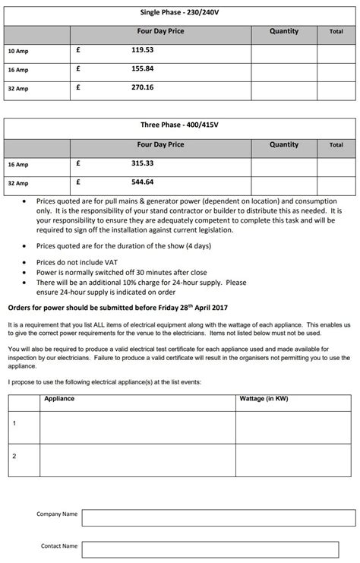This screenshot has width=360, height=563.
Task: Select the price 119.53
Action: [x=142, y=50]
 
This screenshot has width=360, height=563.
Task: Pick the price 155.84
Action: [x=142, y=68]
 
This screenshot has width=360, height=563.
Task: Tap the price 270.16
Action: [x=142, y=87]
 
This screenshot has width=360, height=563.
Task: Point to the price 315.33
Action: [x=142, y=163]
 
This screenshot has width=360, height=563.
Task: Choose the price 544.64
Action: [x=142, y=182]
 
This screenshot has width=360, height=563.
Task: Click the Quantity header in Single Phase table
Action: [x=284, y=31]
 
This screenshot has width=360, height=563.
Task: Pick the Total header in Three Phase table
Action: [x=336, y=144]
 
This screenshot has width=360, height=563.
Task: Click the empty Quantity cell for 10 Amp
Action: [x=284, y=51]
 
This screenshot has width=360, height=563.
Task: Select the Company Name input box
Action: [x=218, y=517]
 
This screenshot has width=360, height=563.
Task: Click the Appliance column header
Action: [x=59, y=398]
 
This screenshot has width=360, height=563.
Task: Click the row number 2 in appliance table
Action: [x=14, y=456]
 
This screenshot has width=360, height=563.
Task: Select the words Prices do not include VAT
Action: [x=73, y=261]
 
